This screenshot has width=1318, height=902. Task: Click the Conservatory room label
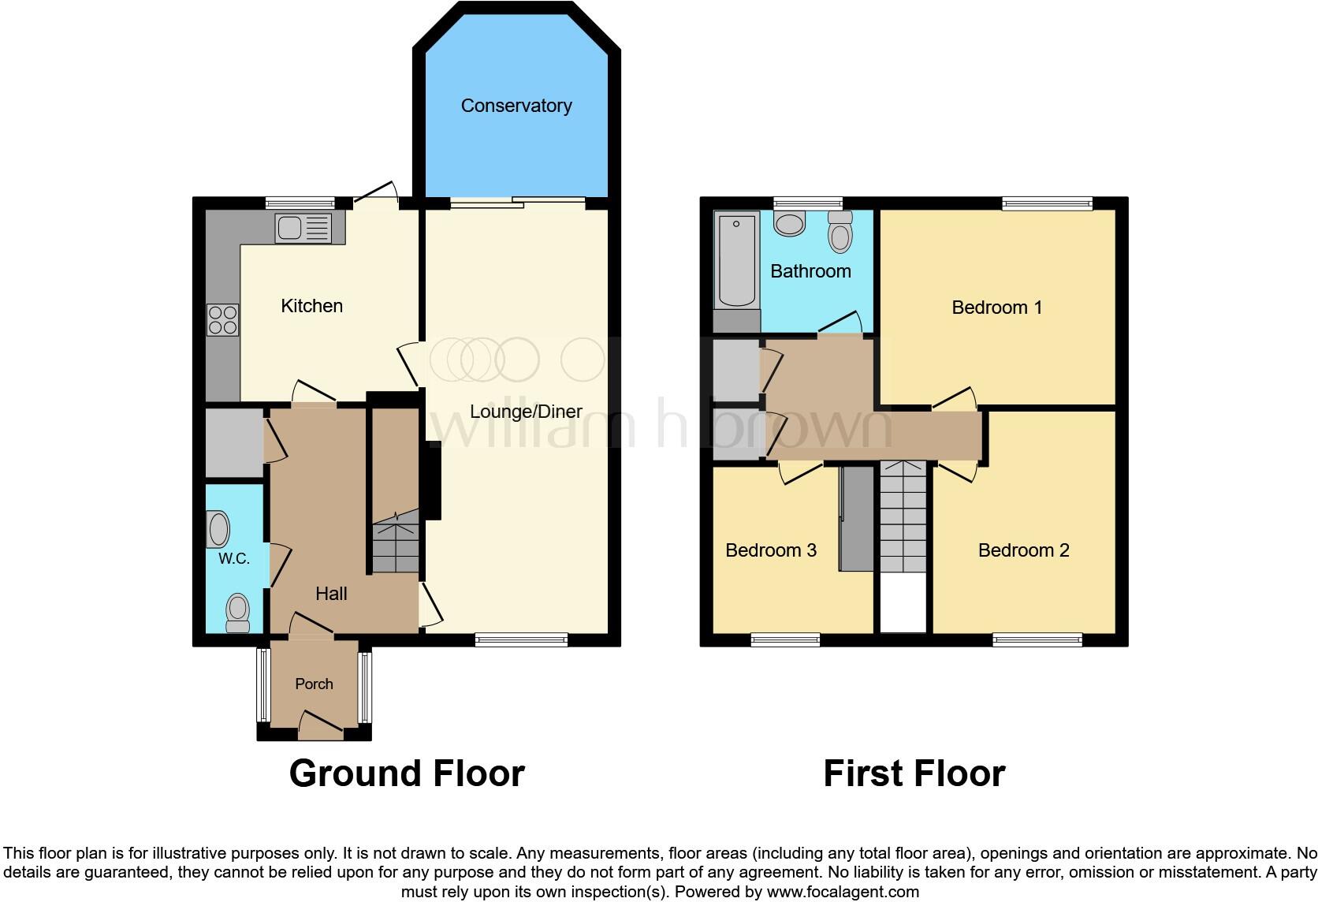pos(516,106)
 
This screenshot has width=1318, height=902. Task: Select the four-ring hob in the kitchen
pos(222,320)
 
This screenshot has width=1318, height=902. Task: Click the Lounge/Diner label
pos(526,412)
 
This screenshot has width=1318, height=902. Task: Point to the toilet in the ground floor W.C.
pos(237,611)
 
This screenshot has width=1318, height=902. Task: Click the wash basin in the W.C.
pos(218,529)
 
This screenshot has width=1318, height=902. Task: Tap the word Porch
pos(314,684)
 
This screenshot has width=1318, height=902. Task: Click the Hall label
pos(331,594)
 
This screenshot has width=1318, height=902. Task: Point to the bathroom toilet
pos(841,231)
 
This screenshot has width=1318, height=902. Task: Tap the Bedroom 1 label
pos(996,307)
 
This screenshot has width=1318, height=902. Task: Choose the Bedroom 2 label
pos(1023,550)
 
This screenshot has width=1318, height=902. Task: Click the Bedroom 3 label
pos(770,550)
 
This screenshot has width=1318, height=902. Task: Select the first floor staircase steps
pos(903,516)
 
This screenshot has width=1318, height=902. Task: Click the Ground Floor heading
pos(407,773)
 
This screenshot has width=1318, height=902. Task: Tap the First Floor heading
pos(914,773)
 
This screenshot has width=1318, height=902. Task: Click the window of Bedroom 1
pos(1048,203)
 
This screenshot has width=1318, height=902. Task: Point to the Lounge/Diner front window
pos(521,640)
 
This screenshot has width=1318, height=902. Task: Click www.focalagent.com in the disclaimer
pos(842,893)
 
